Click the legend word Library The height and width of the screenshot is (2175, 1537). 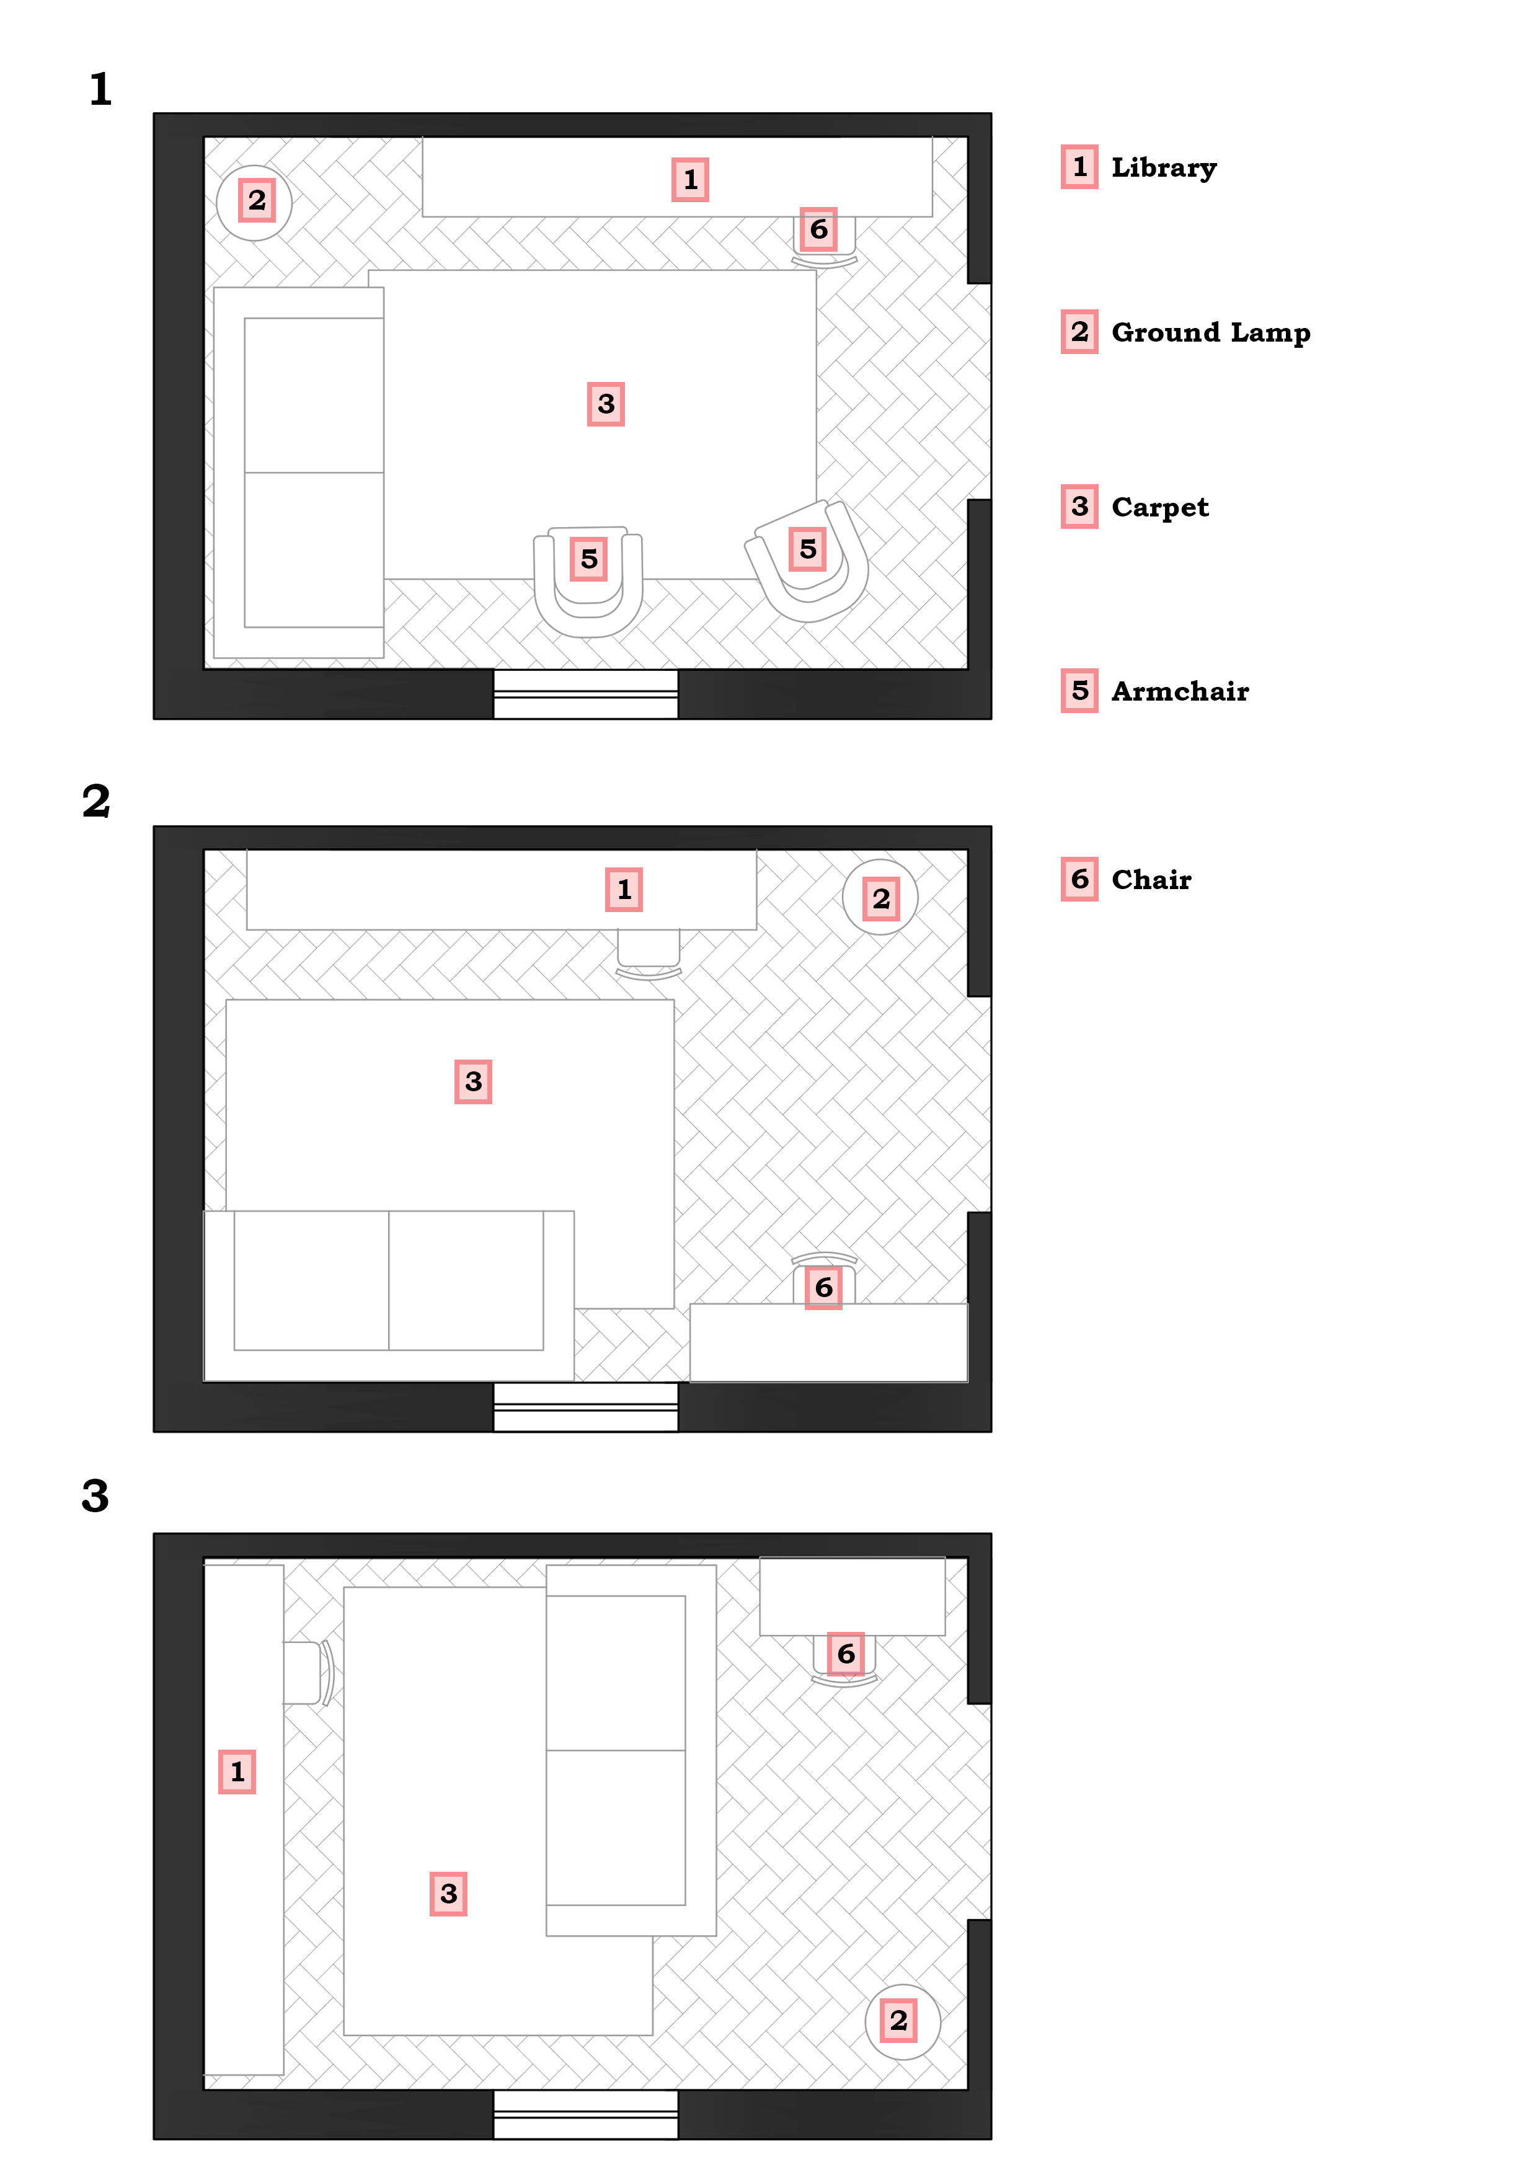(1163, 167)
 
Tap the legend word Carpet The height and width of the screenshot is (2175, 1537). (1159, 508)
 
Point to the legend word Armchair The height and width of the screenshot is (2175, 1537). (1179, 691)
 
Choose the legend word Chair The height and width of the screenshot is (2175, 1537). (1151, 880)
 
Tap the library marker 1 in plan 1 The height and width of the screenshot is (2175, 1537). (690, 180)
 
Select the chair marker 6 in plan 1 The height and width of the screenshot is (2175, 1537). (818, 229)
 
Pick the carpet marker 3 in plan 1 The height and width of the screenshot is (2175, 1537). (606, 404)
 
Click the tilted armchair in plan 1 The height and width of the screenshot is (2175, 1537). (808, 558)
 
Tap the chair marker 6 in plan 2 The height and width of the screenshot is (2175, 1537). (823, 1287)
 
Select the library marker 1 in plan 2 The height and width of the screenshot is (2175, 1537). (624, 890)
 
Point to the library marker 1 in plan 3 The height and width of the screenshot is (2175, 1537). (237, 1771)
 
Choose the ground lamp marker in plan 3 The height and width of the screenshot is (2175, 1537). (899, 2021)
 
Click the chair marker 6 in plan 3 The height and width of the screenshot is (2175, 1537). (846, 1654)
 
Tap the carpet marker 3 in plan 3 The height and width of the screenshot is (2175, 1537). (449, 1894)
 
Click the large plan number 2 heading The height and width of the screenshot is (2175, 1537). (95, 802)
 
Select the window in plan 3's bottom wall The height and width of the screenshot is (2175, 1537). (585, 2114)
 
